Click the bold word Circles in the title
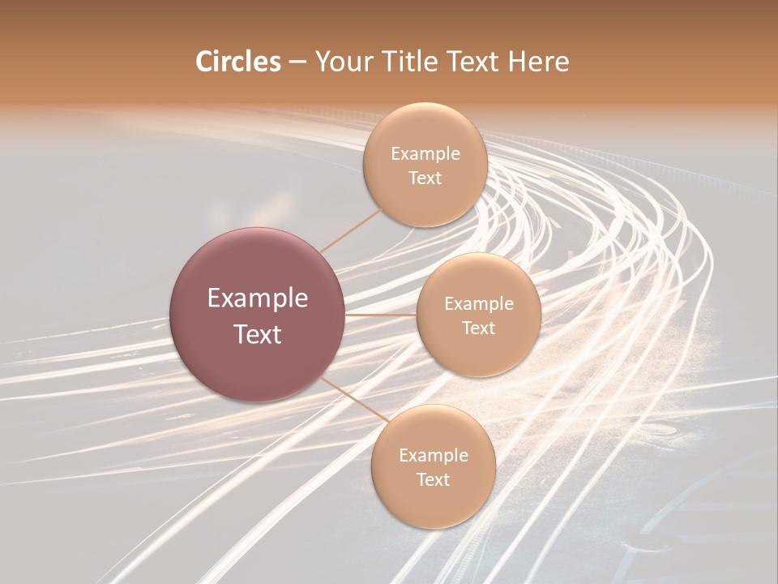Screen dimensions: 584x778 click(238, 62)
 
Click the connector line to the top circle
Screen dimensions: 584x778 click(350, 230)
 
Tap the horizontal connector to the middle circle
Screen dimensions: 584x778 click(381, 314)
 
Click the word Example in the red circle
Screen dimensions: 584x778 click(258, 298)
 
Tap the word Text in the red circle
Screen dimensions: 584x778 click(258, 334)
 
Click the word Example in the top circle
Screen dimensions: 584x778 click(425, 154)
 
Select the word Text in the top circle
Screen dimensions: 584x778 click(425, 178)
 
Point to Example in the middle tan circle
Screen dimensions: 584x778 click(479, 304)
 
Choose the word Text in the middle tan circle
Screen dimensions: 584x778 click(479, 328)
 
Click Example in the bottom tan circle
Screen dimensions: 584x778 click(434, 456)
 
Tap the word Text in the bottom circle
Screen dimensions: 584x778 click(434, 479)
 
